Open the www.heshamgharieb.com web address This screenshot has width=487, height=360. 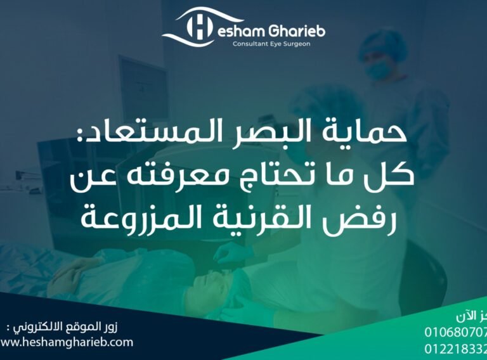pyautogui.click(x=67, y=342)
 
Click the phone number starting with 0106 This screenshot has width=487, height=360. pyautogui.click(x=455, y=332)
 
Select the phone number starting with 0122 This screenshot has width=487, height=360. pyautogui.click(x=455, y=347)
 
